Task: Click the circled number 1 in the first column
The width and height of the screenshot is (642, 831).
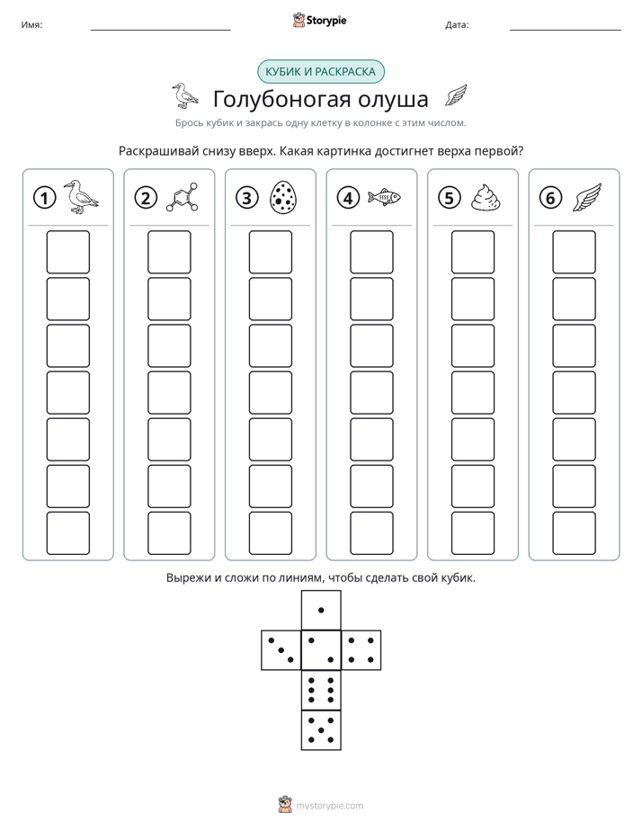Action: coord(44,198)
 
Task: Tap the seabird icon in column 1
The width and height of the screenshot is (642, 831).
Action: coord(81,197)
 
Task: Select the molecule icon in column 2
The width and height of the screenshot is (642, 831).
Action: coord(183,198)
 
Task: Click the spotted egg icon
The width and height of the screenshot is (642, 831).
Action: coord(283,198)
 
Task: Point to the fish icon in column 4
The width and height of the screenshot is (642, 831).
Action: coord(385,197)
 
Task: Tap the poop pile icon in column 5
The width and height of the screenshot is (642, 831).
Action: coord(486,198)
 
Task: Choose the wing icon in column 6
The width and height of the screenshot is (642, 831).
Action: coord(587,198)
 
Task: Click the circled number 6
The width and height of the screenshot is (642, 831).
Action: coord(550,198)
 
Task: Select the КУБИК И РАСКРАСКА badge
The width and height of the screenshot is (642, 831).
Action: coord(320,72)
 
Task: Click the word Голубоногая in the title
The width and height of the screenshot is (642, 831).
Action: coord(281,100)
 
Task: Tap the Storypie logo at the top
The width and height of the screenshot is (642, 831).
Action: coord(320,21)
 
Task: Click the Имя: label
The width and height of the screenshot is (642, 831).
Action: coord(31,25)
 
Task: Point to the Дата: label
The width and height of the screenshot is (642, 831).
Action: coord(457,25)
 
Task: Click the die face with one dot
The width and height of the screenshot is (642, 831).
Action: coord(321,610)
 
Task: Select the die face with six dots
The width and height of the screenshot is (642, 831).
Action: coord(321,691)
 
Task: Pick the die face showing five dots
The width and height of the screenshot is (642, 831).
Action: coord(321,730)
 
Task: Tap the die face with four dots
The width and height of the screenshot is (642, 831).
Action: coord(361,650)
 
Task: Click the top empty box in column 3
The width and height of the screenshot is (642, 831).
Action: coord(270,252)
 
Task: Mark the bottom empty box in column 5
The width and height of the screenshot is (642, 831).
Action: coord(472,532)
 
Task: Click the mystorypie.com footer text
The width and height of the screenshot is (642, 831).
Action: coord(329,806)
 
